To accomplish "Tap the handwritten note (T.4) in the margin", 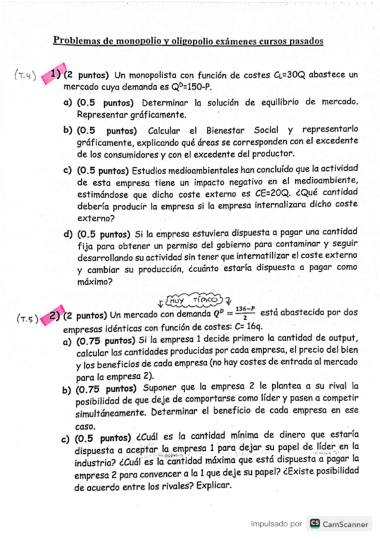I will click(25, 74).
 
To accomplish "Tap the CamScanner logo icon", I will click(314, 524).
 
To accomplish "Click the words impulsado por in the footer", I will click(276, 524).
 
